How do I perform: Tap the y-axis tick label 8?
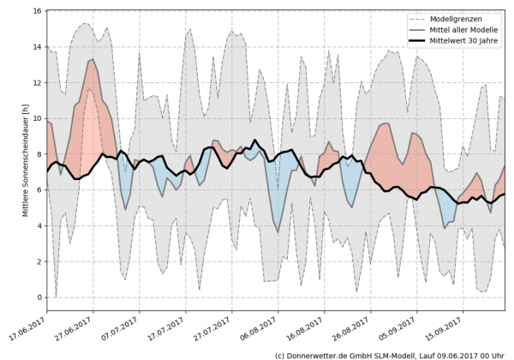(39, 154)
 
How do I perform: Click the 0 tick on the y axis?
(39, 297)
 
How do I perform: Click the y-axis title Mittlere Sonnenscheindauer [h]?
(26, 155)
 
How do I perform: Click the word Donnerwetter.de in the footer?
(319, 354)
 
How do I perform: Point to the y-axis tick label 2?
(39, 261)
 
